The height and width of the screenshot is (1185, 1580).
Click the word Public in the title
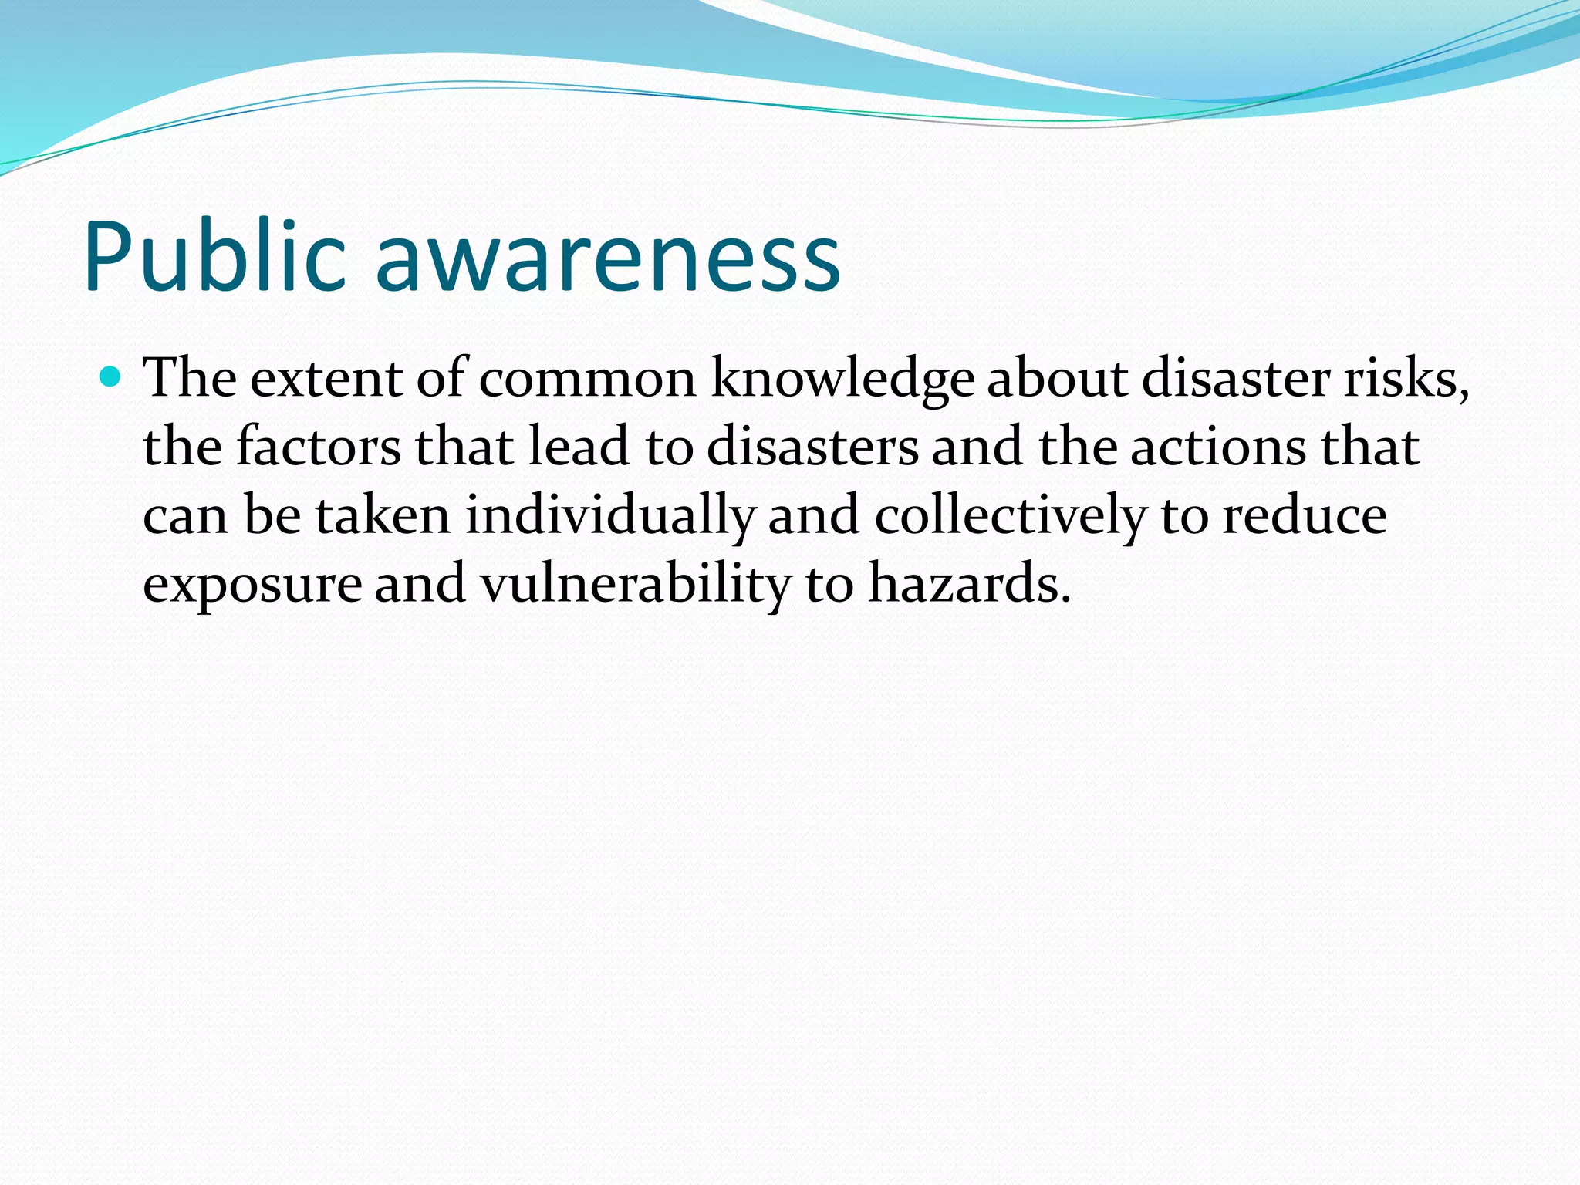click(214, 257)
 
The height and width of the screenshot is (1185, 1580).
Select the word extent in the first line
click(326, 379)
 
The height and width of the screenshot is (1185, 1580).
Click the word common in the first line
click(588, 379)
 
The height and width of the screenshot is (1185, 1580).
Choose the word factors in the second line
click(318, 447)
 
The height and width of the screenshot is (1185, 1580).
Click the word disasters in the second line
click(812, 447)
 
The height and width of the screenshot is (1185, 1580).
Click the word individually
click(610, 515)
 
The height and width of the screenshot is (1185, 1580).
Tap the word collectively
click(1010, 515)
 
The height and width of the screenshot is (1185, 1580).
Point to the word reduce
click(1304, 515)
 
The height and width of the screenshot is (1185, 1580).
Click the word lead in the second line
click(578, 447)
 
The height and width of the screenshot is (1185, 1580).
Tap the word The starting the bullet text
click(191, 379)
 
